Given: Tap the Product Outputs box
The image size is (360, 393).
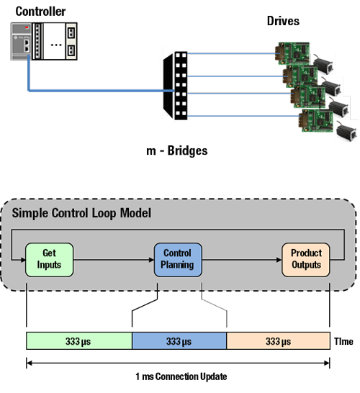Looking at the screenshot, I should (306, 259).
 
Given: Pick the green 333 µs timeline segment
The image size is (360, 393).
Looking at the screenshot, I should (79, 340).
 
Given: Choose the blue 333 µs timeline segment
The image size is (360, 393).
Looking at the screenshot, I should (179, 340).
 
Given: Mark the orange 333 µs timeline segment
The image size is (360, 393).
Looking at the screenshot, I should (278, 340).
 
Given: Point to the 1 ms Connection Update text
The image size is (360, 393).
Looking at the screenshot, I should (178, 376).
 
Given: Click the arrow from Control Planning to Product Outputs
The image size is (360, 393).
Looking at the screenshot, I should (241, 259).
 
